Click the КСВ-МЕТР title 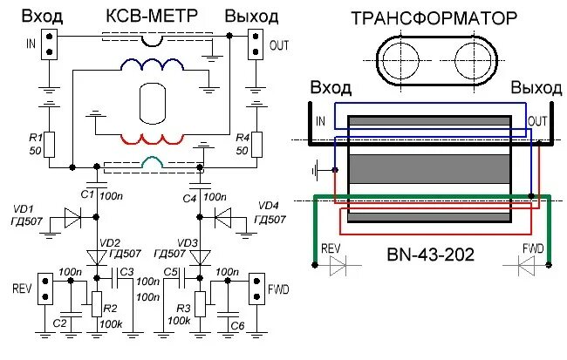point(152,17)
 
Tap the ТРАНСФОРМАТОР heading point(434,18)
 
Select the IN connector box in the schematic point(50,44)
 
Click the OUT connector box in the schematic point(256,44)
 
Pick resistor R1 point(50,145)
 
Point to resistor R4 point(256,145)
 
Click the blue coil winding point(152,64)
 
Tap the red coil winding point(152,139)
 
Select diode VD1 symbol point(72,217)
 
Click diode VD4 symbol point(222,217)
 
